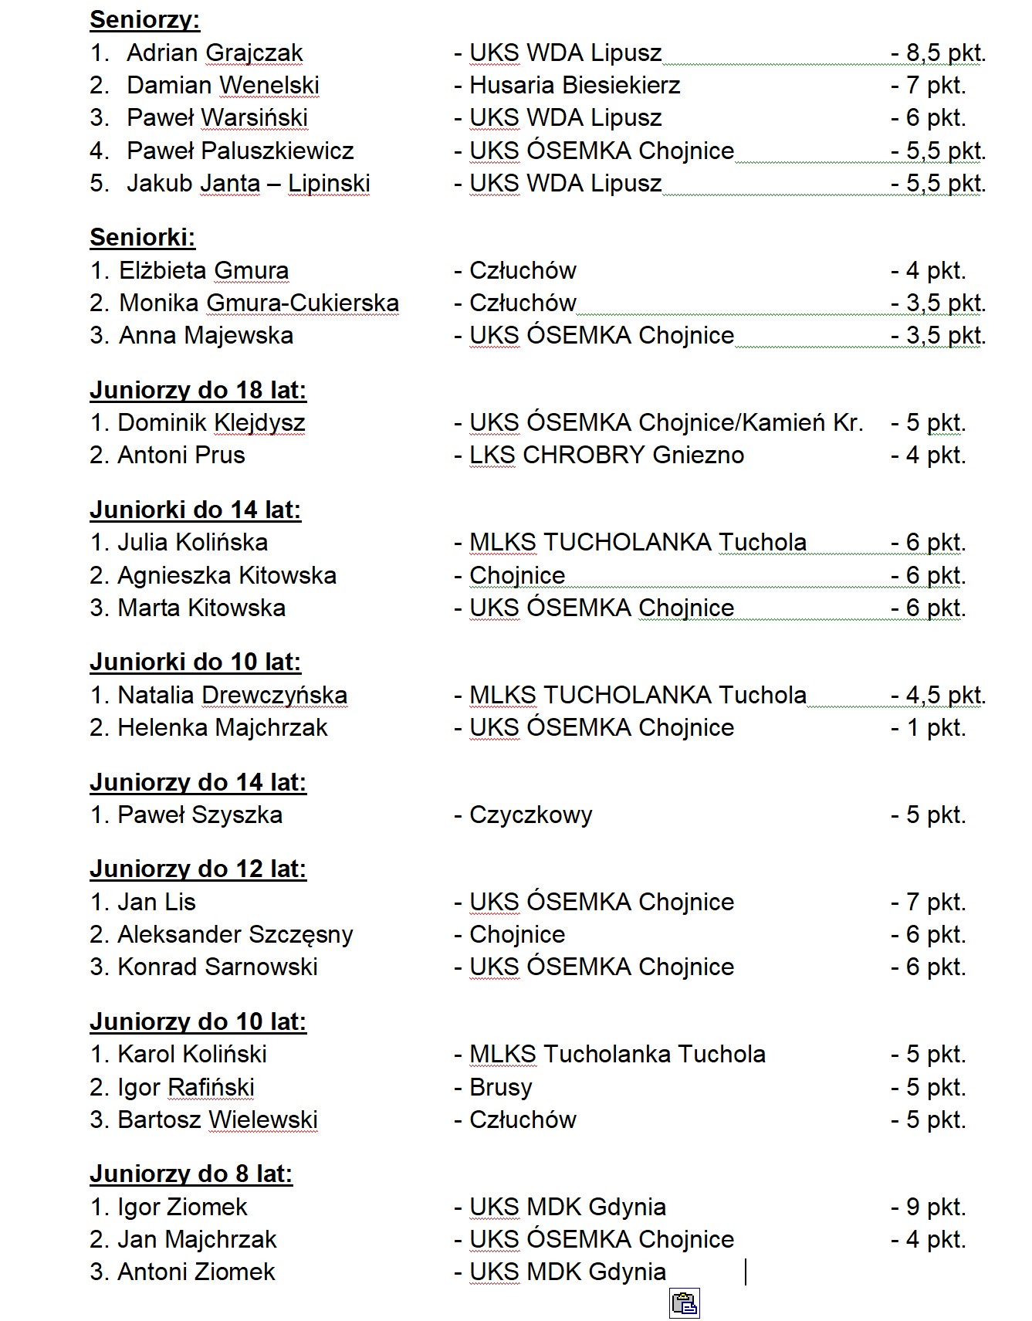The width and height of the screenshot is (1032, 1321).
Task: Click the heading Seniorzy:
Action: (144, 20)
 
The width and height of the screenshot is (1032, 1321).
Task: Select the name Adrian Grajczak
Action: (214, 53)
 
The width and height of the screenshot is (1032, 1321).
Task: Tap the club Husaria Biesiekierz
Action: (574, 86)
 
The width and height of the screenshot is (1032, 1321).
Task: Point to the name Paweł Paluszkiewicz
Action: (239, 151)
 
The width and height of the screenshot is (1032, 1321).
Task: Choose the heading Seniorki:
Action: (142, 238)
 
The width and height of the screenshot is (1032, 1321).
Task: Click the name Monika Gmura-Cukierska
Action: (259, 303)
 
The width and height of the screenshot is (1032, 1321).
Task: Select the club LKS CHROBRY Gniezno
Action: (606, 456)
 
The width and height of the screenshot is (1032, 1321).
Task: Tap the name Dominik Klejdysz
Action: (211, 423)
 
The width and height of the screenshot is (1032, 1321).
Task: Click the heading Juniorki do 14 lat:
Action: (195, 510)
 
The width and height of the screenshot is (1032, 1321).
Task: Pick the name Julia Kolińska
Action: (192, 543)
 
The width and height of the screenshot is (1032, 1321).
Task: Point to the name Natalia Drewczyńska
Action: (232, 696)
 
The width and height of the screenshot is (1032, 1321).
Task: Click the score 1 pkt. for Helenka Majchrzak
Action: (935, 728)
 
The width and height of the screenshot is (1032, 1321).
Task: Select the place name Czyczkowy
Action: (530, 815)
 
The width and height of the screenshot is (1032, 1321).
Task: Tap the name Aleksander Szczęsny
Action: (235, 935)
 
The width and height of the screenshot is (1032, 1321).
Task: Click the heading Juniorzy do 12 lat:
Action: (198, 869)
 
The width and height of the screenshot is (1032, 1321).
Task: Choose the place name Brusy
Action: (500, 1088)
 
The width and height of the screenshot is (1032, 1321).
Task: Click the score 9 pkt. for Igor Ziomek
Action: (935, 1208)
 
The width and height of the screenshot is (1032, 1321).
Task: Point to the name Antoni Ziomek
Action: (195, 1272)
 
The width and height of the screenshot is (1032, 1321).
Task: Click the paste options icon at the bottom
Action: (684, 1303)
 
